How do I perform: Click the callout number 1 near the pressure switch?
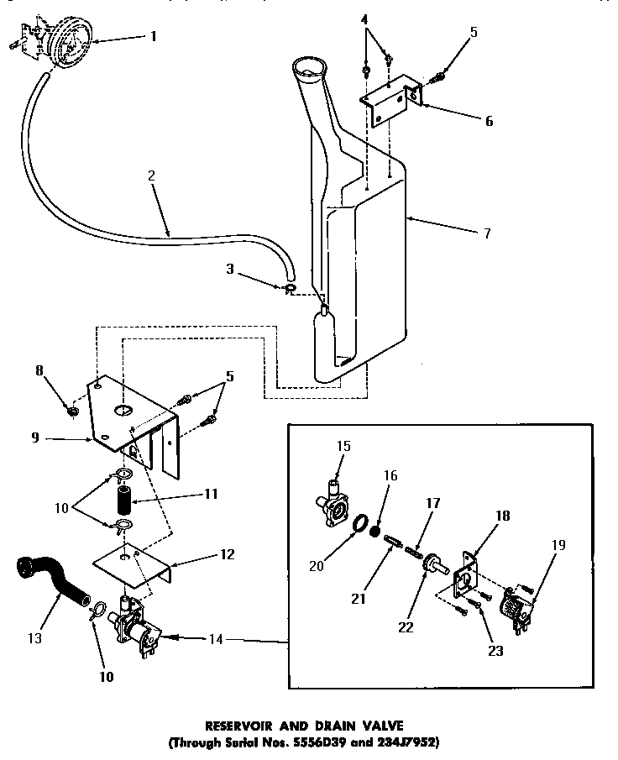154,35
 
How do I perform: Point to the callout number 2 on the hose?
151,176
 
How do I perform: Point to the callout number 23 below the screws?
495,651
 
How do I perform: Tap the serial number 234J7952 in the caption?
405,742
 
